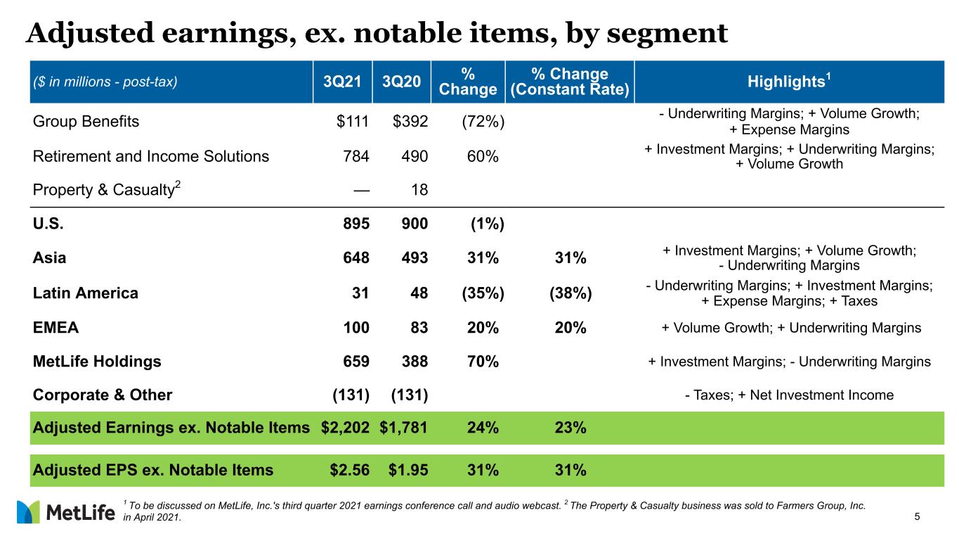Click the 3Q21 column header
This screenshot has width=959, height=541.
(342, 82)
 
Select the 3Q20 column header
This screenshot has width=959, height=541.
(402, 82)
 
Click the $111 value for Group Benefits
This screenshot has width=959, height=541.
(353, 121)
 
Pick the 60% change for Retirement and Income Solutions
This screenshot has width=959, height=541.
(483, 156)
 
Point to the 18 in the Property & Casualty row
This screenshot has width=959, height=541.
(419, 189)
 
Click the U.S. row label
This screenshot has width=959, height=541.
(48, 223)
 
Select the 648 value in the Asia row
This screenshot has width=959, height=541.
(356, 257)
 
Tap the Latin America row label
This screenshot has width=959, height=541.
(86, 293)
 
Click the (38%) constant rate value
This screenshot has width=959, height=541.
(570, 293)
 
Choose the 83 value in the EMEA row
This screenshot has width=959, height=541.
(419, 328)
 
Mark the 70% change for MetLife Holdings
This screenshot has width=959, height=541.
(483, 362)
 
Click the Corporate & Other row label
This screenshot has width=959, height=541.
(103, 395)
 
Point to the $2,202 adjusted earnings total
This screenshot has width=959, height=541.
(345, 428)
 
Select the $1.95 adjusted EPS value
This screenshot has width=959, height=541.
(408, 470)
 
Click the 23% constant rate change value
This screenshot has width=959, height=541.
(570, 428)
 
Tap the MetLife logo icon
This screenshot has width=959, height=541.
(28, 512)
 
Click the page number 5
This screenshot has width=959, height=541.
(917, 516)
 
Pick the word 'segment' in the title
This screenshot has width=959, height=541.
(667, 34)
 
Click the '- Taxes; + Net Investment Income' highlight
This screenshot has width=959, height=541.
(789, 395)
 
